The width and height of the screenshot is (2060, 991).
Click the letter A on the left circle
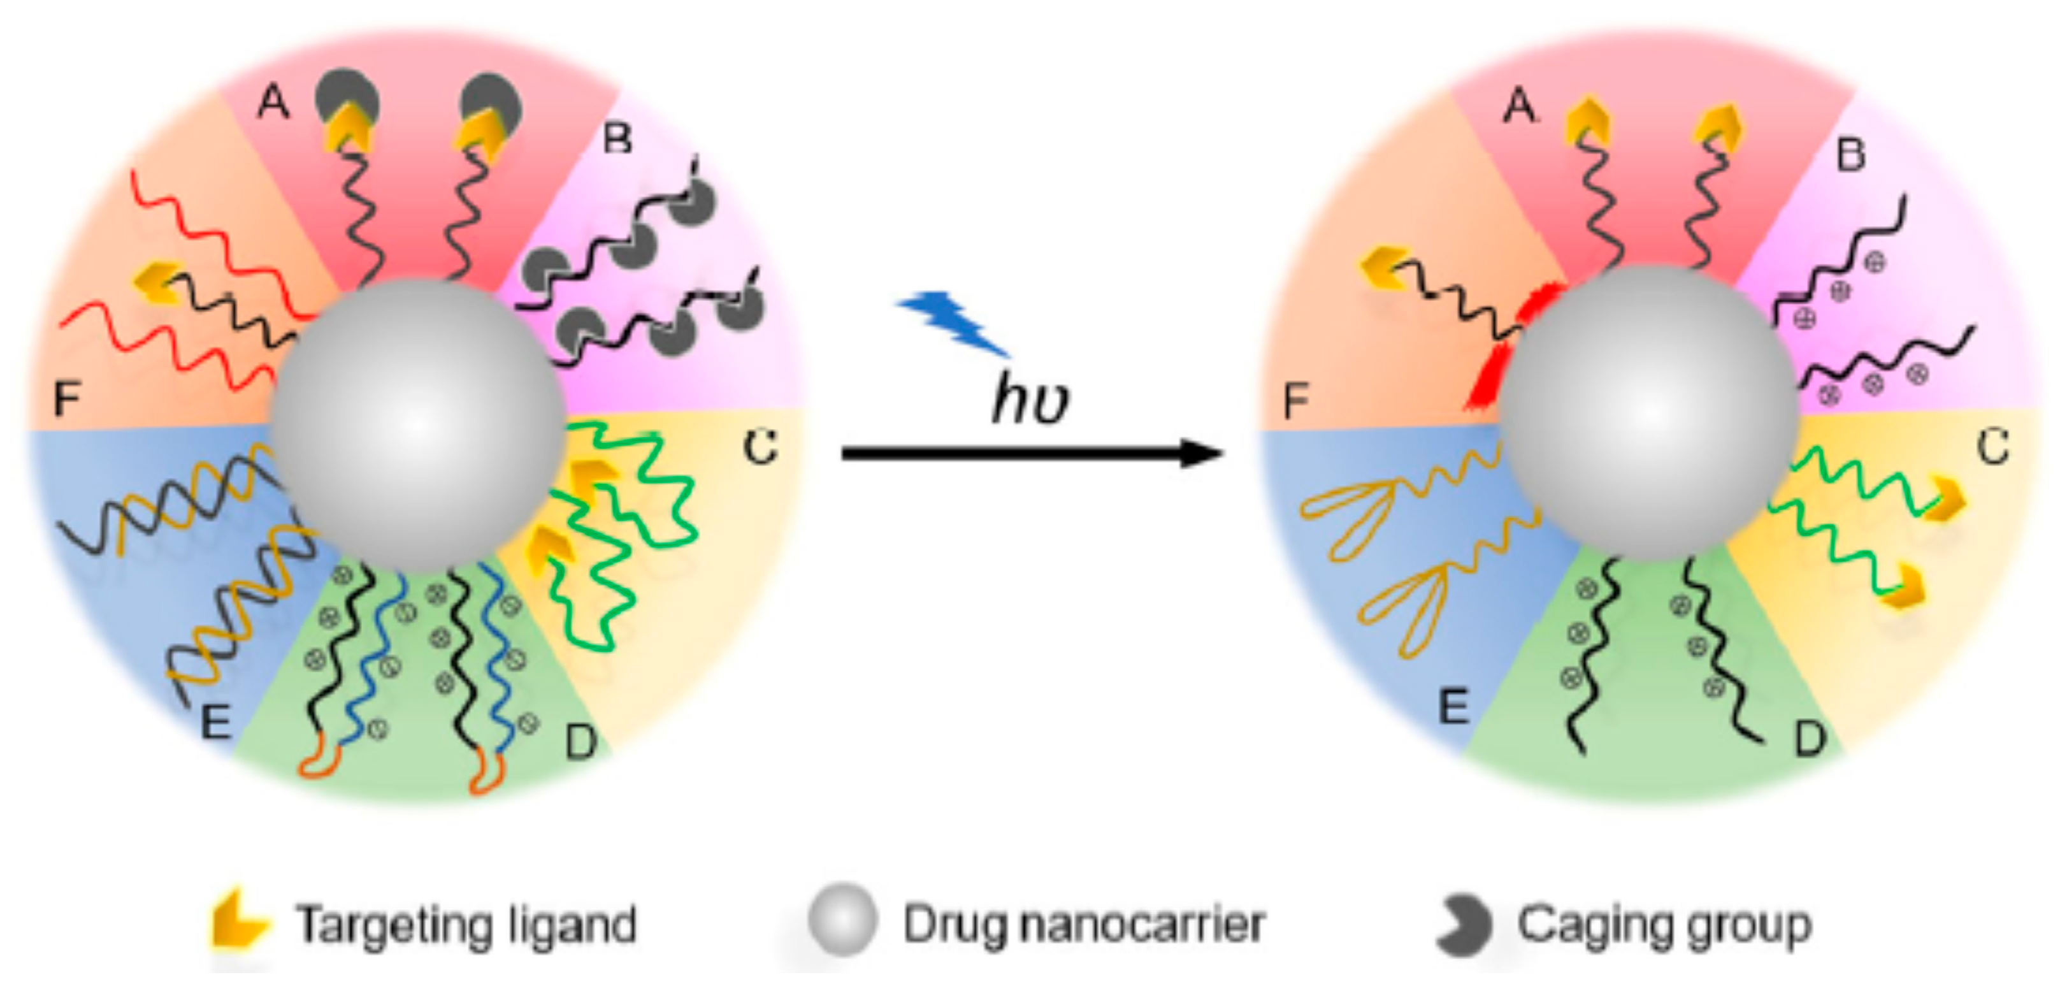(273, 103)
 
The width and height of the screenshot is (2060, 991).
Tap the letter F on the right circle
(1296, 400)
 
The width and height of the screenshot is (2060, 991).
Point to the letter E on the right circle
(1453, 706)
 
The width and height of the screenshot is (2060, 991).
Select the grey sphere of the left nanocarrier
(417, 426)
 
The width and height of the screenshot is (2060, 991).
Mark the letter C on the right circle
(1993, 446)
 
